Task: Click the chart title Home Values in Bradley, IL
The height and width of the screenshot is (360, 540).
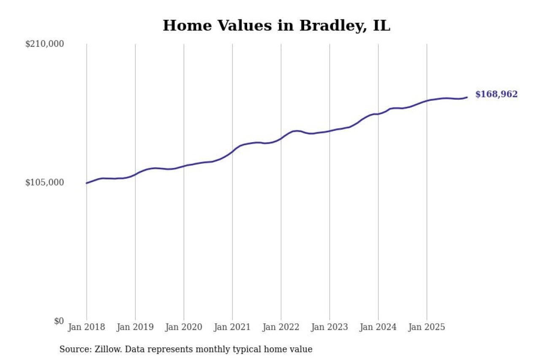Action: (x=276, y=26)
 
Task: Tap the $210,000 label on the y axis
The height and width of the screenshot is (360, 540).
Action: (x=44, y=44)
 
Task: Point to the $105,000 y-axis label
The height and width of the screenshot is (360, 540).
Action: (x=44, y=182)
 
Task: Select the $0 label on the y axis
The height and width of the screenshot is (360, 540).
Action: (x=59, y=321)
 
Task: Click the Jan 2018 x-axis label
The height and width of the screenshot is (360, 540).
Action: (x=86, y=327)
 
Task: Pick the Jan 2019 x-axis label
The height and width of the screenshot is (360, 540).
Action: (x=135, y=327)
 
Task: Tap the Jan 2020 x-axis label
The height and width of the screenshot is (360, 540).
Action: (x=184, y=327)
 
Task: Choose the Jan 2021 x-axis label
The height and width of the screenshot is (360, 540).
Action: (x=232, y=327)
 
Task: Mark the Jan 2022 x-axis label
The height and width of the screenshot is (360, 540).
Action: (x=281, y=327)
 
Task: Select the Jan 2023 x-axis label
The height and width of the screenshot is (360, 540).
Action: (x=329, y=327)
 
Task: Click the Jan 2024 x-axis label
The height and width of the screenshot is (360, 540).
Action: (x=378, y=327)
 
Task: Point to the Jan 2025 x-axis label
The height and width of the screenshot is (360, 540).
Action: (x=427, y=327)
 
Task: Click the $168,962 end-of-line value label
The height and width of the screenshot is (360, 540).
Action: (x=496, y=95)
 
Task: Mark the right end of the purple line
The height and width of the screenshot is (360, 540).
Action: (x=467, y=97)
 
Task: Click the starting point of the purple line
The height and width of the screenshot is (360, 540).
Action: (x=86, y=183)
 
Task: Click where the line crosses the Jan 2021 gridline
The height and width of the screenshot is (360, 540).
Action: (x=232, y=151)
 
